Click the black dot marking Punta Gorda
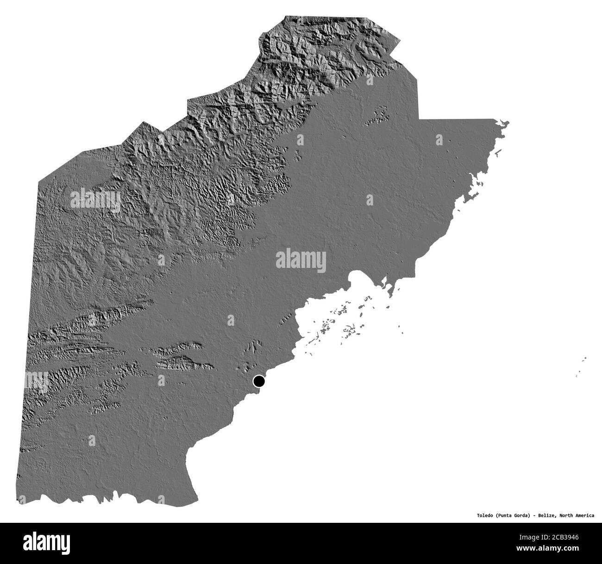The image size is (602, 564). point(258,381)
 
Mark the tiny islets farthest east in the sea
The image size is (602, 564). point(583,361)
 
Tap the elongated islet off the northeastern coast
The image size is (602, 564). point(498,153)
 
